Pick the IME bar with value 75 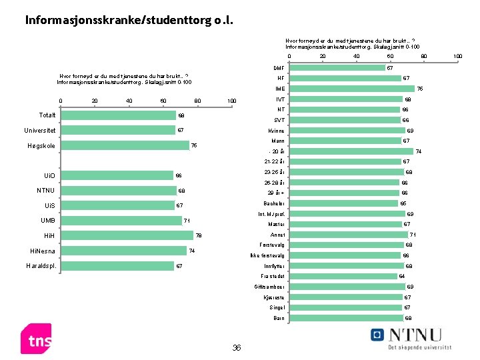click(x=351, y=89)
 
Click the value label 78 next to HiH click(x=199, y=236)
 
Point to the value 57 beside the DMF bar click(x=390, y=68)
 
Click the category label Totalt click(x=47, y=115)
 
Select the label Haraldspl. click(x=41, y=266)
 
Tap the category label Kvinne click(x=277, y=131)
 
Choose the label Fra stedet click(x=273, y=276)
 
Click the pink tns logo click(x=36, y=339)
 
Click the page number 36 click(x=236, y=347)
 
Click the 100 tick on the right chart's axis click(x=457, y=57)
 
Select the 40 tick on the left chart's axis click(x=129, y=101)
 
